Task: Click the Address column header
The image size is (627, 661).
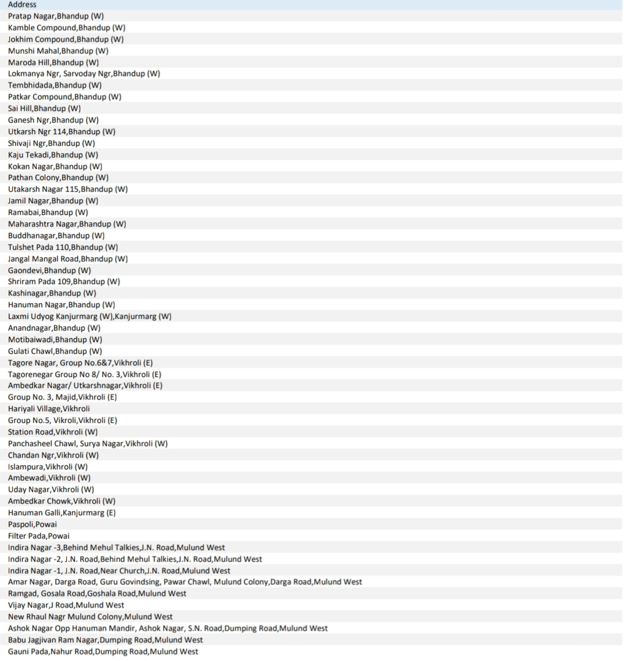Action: [x=22, y=5]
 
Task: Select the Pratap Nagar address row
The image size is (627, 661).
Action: [x=56, y=16]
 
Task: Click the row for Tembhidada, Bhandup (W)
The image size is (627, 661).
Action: [x=55, y=85]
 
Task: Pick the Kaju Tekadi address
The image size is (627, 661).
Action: [x=53, y=155]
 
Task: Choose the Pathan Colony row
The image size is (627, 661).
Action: [x=58, y=178]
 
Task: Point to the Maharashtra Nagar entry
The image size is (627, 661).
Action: [x=67, y=224]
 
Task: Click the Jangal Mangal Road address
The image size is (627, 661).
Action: [x=68, y=258]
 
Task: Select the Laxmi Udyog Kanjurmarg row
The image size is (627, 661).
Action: [x=89, y=317]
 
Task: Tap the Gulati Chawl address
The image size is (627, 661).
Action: [x=55, y=351]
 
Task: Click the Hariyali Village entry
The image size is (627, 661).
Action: [x=49, y=409]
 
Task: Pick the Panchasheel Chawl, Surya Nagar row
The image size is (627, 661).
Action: [x=88, y=443]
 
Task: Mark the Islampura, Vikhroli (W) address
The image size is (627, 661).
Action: [x=48, y=466]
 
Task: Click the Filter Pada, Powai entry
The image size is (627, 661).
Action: [x=38, y=536]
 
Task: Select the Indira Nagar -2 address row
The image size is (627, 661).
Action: [x=135, y=559]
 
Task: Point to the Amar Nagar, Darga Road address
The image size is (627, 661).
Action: [x=185, y=582]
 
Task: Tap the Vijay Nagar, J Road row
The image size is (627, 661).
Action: [x=66, y=605]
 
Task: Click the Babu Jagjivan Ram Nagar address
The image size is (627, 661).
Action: [x=105, y=640]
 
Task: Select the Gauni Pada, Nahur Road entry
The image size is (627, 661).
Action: [x=103, y=651]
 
